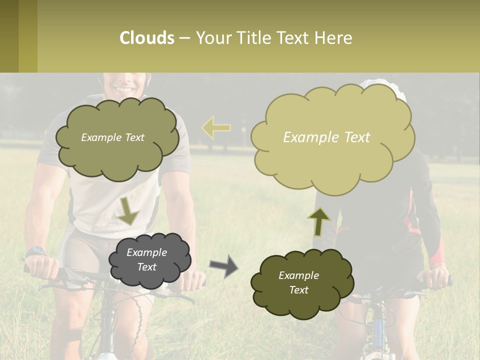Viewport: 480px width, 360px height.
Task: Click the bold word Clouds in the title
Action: point(147,38)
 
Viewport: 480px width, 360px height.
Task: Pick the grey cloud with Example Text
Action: point(149,260)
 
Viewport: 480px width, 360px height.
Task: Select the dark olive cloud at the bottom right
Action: point(301,283)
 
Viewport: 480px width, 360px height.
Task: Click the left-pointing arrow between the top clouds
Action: point(216,128)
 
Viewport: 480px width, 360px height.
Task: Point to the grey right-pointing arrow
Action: point(223,265)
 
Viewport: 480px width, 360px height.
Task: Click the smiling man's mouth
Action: point(122,89)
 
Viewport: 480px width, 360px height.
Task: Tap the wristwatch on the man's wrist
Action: point(35,251)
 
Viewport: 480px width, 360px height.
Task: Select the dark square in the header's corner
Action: point(9,36)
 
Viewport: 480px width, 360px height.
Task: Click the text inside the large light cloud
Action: point(326,137)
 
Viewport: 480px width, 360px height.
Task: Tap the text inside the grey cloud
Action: point(146,260)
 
